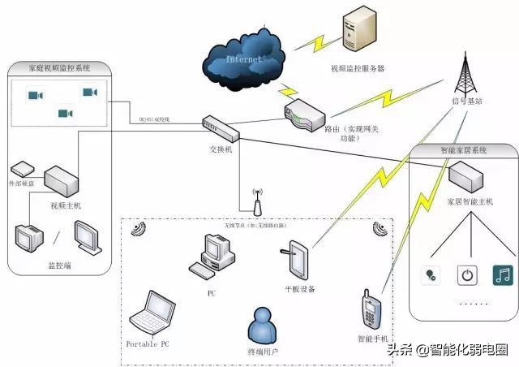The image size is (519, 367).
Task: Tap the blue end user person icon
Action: (263, 326)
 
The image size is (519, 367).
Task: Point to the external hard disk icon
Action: (22, 170)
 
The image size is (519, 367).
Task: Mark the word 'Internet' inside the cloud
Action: (243, 60)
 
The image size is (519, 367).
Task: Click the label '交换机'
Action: (221, 150)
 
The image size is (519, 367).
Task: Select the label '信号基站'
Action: (469, 101)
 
